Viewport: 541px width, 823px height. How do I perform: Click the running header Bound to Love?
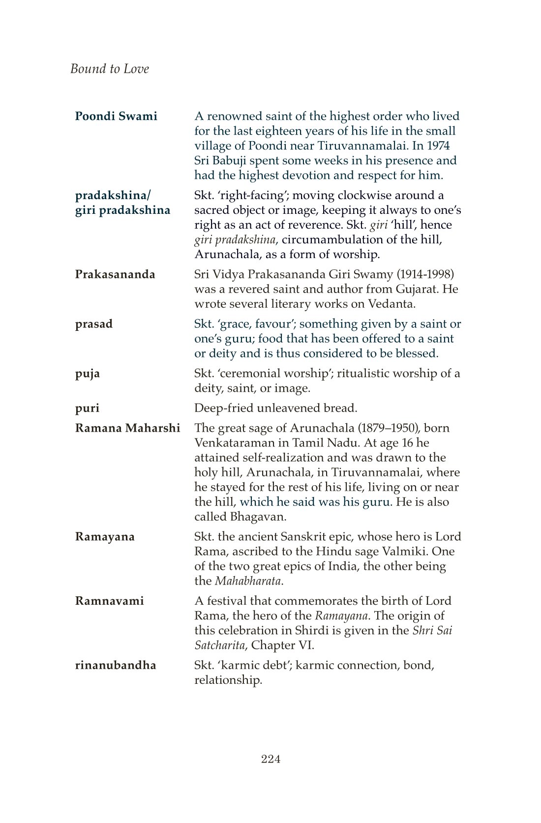pos(109,69)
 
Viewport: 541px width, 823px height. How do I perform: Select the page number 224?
pos(270,759)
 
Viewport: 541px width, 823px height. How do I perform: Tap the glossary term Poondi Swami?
pos(116,117)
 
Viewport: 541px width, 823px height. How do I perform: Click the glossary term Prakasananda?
pos(115,274)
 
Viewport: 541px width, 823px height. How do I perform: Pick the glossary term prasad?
pos(94,324)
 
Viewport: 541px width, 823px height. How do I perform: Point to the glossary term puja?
pos(88,374)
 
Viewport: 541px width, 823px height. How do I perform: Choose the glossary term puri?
pos(87,408)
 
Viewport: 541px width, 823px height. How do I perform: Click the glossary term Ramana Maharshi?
pos(127,428)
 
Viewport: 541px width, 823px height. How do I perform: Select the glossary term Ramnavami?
pos(109,601)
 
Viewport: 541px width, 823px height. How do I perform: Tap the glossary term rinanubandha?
pos(116,665)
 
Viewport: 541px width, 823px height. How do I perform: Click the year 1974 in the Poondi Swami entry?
pos(438,146)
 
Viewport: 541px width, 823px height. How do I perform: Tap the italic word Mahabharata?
pos(248,581)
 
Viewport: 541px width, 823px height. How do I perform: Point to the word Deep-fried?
pos(224,408)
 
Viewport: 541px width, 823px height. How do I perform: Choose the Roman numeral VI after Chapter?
pos(304,646)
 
